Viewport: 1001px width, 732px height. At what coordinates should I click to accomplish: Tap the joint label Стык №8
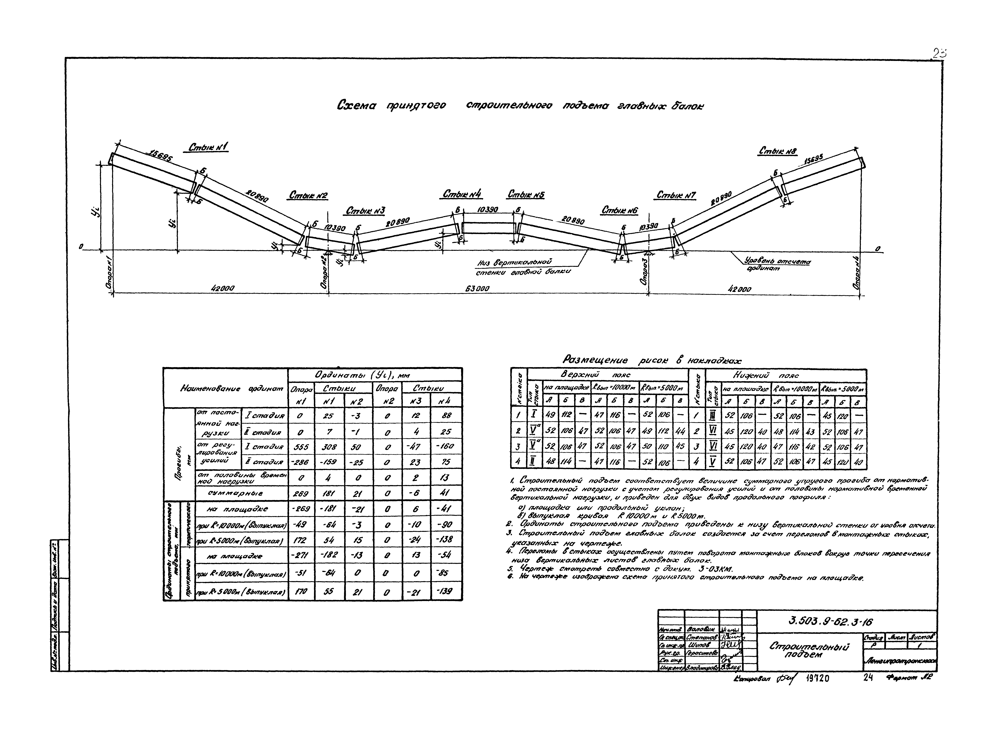(778, 152)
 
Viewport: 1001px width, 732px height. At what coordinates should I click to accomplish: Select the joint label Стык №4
(462, 195)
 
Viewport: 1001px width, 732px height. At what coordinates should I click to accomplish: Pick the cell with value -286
(301, 462)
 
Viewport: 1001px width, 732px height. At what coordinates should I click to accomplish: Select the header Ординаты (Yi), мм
(363, 375)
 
